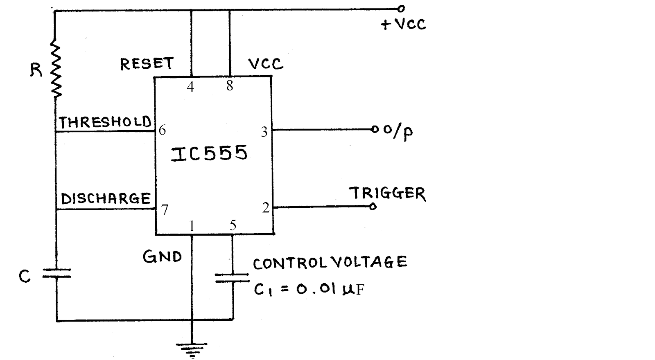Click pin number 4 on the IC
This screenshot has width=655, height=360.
pos(191,87)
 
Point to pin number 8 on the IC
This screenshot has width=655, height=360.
pos(230,85)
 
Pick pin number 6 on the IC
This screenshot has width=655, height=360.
pos(162,130)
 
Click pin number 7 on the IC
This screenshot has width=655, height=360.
pos(165,209)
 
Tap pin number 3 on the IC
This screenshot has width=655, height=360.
pos(264,132)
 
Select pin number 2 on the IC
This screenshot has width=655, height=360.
pos(266,208)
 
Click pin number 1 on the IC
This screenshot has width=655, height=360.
pos(192,226)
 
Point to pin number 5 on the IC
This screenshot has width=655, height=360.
pos(233,225)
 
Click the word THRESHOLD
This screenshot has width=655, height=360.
pos(105,122)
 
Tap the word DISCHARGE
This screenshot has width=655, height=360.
pos(106,199)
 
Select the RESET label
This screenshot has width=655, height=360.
pos(147,64)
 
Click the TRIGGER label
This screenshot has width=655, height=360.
pos(387,193)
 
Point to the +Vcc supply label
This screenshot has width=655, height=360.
pos(404,24)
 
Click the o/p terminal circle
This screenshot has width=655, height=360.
pos(375,129)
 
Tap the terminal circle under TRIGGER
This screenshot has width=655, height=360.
pos(373,207)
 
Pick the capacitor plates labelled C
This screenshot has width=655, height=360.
pos(57,273)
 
